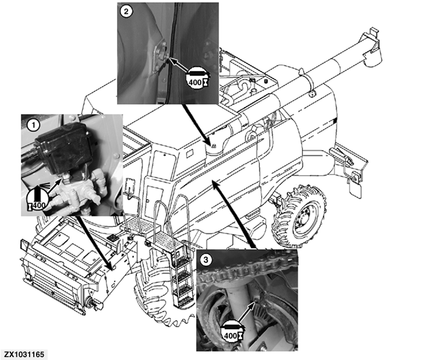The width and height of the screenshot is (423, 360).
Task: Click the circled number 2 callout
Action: pos(126,11)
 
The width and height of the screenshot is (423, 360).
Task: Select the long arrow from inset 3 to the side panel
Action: pos(233,212)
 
